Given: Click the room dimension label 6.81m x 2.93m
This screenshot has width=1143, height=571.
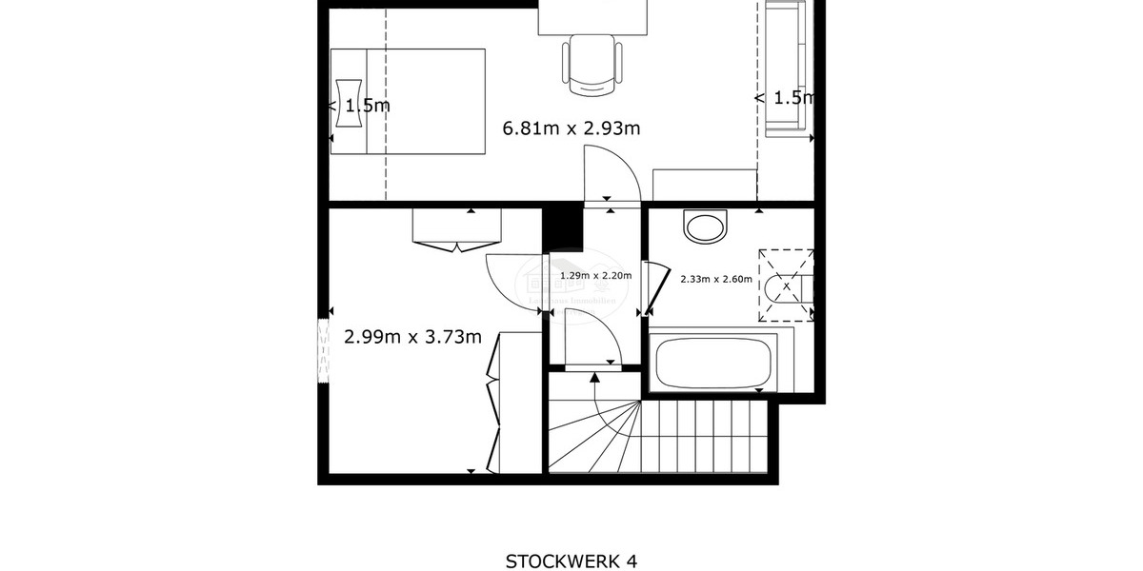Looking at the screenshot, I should (x=571, y=128).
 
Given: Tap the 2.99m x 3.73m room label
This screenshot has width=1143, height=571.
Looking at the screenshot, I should (x=411, y=336).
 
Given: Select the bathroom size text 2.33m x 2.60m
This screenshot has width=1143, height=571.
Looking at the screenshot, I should (x=715, y=280).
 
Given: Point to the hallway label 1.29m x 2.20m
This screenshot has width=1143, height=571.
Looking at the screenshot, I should (x=595, y=276).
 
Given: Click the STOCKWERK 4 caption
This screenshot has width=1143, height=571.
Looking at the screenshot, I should (x=570, y=561).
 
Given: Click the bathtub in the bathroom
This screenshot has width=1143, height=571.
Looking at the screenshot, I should (x=712, y=362).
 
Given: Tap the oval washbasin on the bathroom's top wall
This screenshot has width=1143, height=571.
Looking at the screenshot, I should (x=705, y=226).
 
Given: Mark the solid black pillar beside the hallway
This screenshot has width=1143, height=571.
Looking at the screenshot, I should (x=562, y=229).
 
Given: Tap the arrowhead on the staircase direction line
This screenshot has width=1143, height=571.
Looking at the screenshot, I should (x=595, y=378).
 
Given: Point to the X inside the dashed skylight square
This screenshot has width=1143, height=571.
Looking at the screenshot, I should (x=786, y=285).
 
